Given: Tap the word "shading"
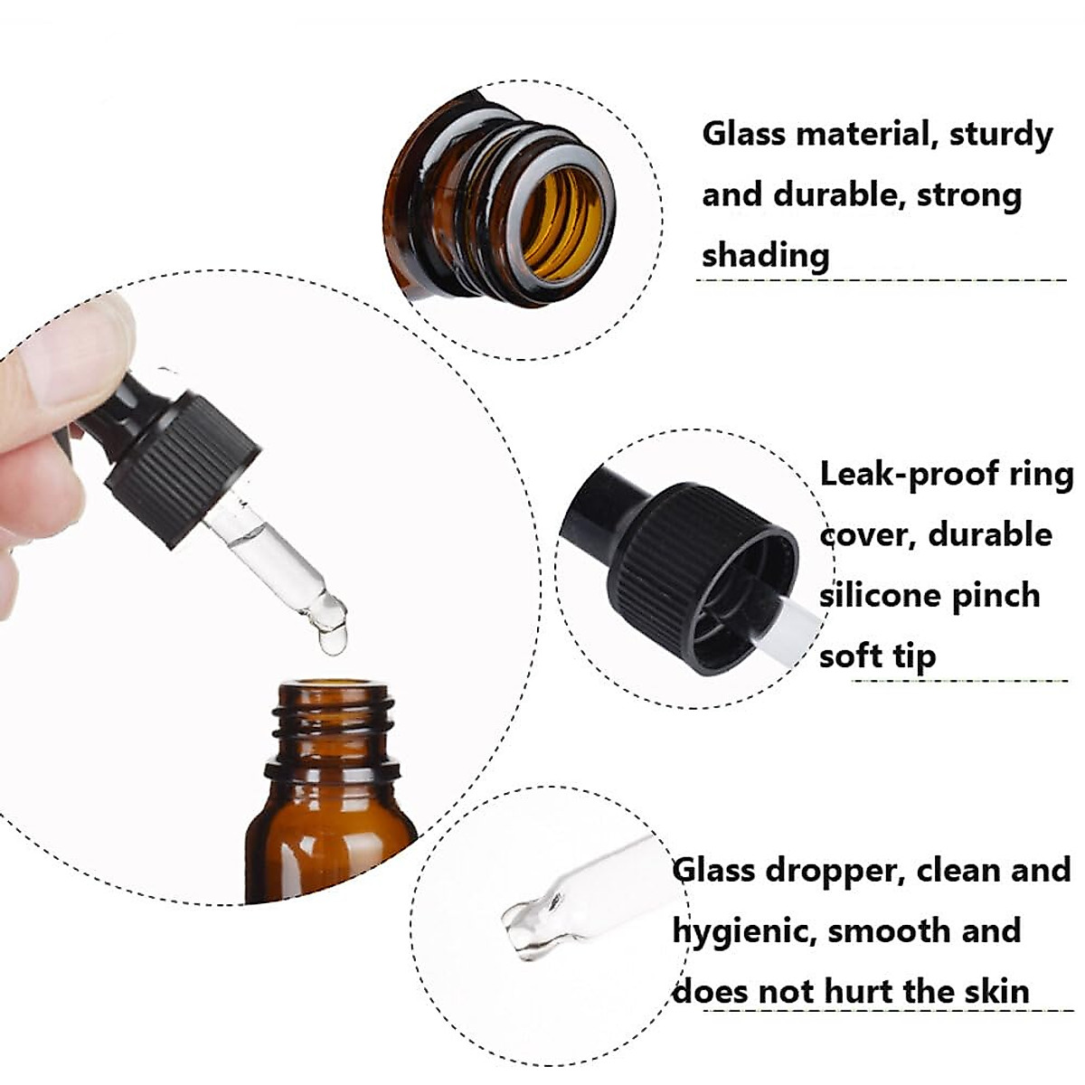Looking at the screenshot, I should pos(765,256).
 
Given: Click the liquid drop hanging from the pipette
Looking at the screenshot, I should pos(332,638).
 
